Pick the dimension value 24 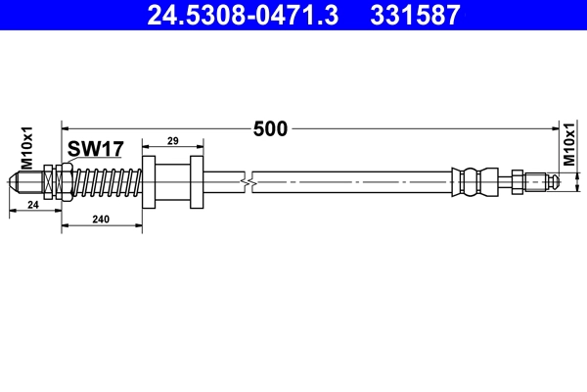coord(32,205)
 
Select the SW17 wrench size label coord(95,149)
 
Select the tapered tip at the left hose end coord(19,182)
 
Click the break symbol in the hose coord(252,181)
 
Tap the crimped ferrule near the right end coord(471,181)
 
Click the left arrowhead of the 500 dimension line coord(67,127)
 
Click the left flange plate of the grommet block coord(149,181)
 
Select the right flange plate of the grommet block coord(197,181)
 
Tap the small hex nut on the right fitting coord(516,181)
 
